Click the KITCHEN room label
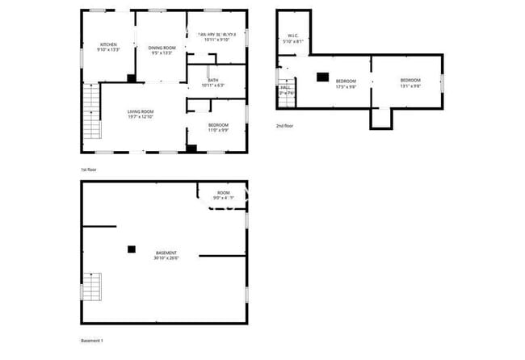tap(108, 44)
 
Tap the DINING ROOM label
tap(162, 48)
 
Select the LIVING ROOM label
tap(141, 111)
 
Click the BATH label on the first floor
tap(212, 80)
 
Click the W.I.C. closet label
tap(293, 36)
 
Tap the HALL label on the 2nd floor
tap(285, 87)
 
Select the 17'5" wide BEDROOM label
tap(346, 80)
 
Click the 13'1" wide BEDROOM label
tap(409, 80)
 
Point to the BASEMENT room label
tap(166, 253)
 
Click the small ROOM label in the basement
tap(223, 193)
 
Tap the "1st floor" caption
tap(90, 170)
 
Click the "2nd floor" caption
tap(284, 126)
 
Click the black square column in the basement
tap(131, 249)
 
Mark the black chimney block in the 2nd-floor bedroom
tap(322, 77)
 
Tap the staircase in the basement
tap(94, 287)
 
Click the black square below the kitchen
tap(131, 78)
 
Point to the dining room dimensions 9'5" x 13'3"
tap(162, 53)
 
